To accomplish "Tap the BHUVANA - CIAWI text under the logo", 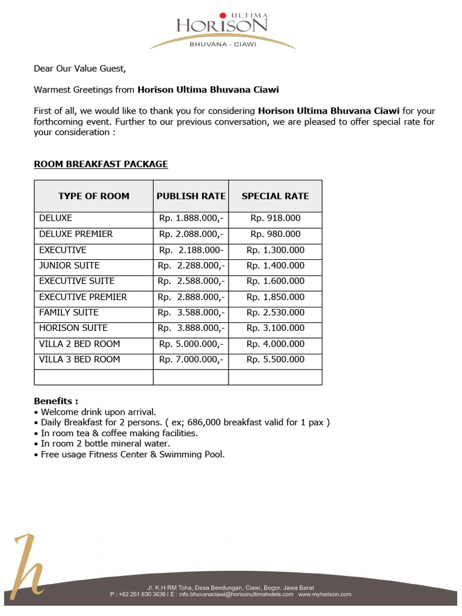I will point(223,43).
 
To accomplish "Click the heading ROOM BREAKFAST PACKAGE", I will point(100,164).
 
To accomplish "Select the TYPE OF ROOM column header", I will point(93,196).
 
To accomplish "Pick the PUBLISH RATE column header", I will point(191,196).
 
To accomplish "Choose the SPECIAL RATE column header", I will point(275,196).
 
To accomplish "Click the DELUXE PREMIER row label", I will point(76,234).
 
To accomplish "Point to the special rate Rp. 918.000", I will point(276,218).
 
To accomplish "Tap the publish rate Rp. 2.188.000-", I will point(191,250).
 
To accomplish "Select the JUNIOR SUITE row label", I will point(69,265).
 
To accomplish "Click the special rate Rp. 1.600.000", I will point(276,281).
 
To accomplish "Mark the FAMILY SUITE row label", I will point(69,312).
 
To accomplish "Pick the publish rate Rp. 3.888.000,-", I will point(191,328).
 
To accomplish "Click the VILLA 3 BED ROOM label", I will point(79,359).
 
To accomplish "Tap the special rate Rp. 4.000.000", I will point(276,343).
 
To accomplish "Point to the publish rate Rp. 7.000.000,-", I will point(191,359).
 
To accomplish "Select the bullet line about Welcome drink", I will point(97,412).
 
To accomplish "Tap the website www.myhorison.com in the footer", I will point(325,594).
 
